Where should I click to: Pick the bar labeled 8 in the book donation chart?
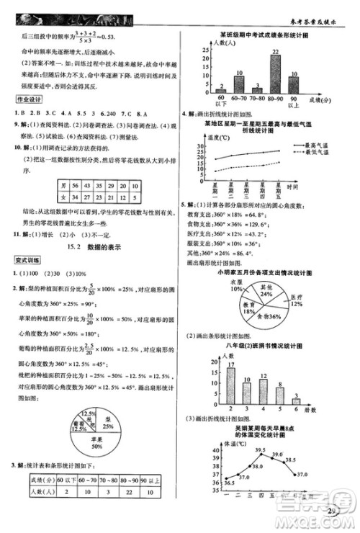tap(280, 395)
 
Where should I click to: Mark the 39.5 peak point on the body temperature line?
tap(259, 456)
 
